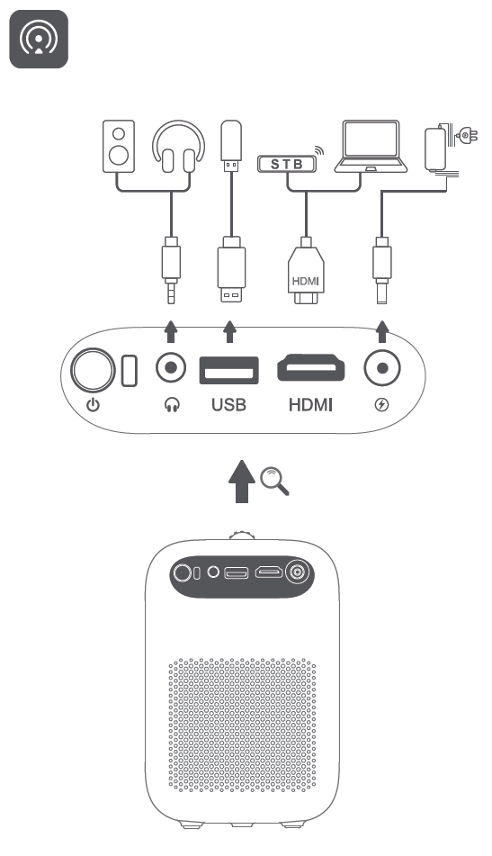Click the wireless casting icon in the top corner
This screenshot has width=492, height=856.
(39, 40)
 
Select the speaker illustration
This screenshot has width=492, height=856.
(119, 149)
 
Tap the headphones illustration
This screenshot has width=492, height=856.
(173, 149)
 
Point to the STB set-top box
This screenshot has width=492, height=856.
(287, 164)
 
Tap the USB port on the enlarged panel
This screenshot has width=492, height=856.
(228, 369)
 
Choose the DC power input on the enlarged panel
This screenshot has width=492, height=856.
(382, 368)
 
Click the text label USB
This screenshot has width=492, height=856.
(228, 405)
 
